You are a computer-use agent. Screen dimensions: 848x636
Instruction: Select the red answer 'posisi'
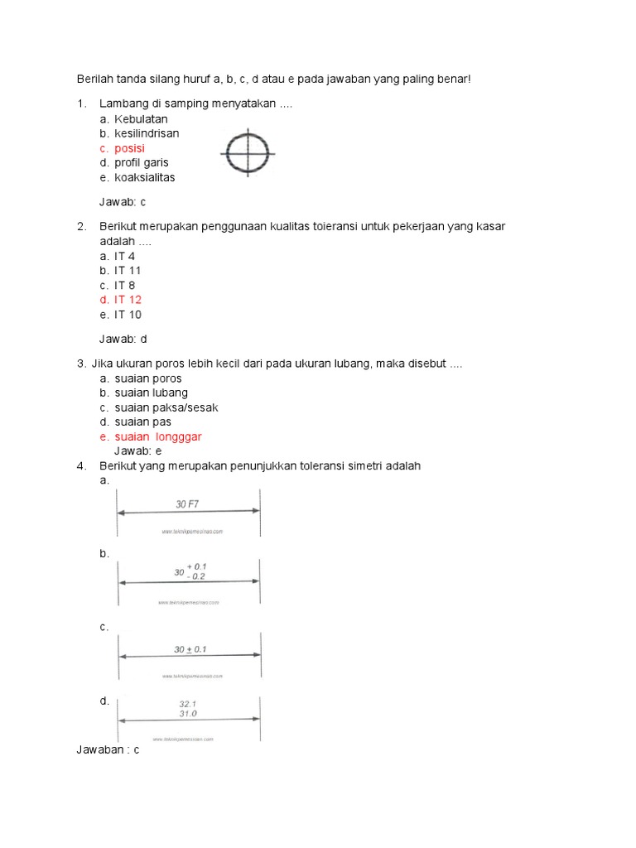point(129,148)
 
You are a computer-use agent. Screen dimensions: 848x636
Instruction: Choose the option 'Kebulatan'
point(141,119)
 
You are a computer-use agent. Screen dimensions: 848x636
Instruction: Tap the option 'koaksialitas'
point(144,177)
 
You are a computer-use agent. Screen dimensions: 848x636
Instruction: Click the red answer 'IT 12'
point(128,300)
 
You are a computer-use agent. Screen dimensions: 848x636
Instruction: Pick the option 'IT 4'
point(124,256)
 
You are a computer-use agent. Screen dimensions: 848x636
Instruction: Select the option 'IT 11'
point(128,271)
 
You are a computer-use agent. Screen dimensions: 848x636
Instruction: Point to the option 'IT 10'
point(128,315)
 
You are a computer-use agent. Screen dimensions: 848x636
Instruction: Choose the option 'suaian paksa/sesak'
point(166,407)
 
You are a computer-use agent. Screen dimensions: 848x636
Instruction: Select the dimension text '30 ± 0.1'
point(190,650)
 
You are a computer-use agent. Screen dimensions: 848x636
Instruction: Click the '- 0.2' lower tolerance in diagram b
point(195,576)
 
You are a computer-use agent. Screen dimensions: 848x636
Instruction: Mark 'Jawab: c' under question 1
point(123,202)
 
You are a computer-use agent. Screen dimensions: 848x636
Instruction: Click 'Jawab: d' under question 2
point(123,339)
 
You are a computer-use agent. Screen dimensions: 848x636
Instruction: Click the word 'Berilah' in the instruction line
point(95,79)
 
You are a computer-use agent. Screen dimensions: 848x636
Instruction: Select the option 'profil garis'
point(141,163)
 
